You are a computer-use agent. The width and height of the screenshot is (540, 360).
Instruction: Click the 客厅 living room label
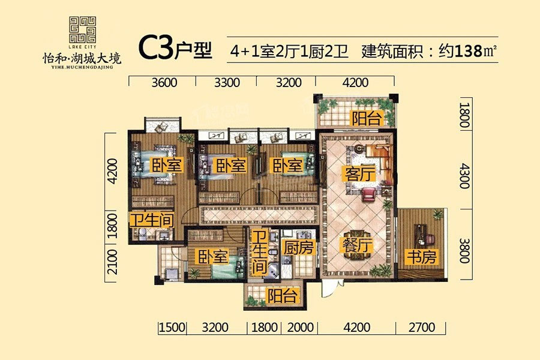pyautogui.click(x=359, y=173)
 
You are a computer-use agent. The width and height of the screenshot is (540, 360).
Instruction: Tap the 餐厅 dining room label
pyautogui.click(x=357, y=245)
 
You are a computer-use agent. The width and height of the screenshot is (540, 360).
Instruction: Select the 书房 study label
pyautogui.click(x=421, y=257)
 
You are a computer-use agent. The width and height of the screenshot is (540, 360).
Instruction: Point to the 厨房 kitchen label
pyautogui.click(x=298, y=247)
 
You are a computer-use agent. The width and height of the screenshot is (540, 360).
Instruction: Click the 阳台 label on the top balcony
pyautogui.click(x=367, y=119)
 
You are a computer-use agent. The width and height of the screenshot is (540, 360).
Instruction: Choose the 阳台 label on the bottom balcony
pyautogui.click(x=283, y=296)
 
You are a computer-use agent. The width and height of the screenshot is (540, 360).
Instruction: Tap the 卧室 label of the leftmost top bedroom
pyautogui.click(x=167, y=166)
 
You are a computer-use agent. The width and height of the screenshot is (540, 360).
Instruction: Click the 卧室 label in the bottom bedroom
pyautogui.click(x=213, y=257)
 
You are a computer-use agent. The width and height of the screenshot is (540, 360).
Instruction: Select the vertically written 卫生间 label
pyautogui.click(x=260, y=253)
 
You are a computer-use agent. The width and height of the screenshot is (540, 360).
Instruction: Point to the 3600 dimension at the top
pyautogui.click(x=164, y=83)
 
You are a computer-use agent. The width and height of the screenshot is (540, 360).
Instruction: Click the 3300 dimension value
pyautogui.click(x=227, y=83)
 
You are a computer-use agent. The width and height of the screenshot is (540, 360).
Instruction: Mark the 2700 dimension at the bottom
pyautogui.click(x=422, y=327)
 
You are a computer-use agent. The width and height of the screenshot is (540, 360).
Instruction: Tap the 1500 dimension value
pyautogui.click(x=172, y=327)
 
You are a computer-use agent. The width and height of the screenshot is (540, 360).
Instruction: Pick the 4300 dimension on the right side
pyautogui.click(x=465, y=176)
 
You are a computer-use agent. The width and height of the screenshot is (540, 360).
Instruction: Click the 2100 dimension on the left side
pyautogui.click(x=112, y=262)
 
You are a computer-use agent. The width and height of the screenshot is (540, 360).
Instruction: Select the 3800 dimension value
pyautogui.click(x=465, y=250)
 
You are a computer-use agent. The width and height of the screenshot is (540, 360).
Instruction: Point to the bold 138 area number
pyautogui.click(x=469, y=52)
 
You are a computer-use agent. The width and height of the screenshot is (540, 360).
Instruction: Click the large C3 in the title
pyautogui.click(x=155, y=48)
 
